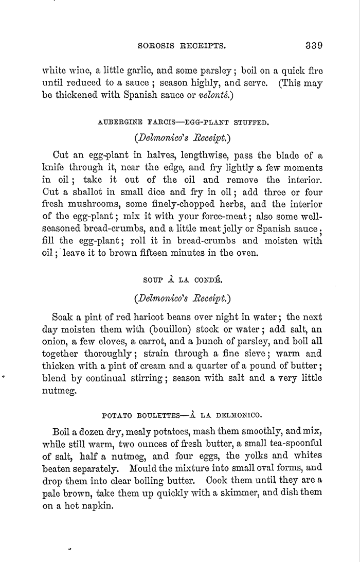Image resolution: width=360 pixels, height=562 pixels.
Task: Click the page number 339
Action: [x=313, y=44]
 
